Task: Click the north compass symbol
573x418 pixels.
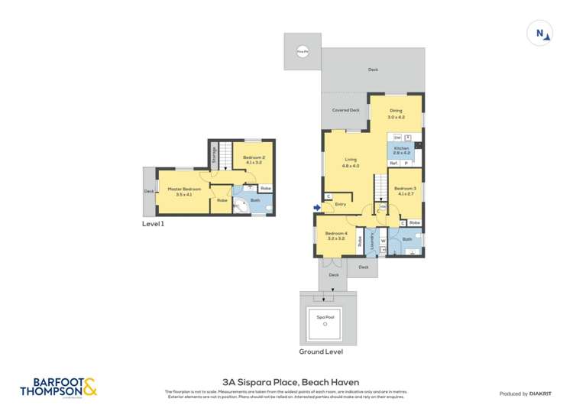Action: pyautogui.click(x=540, y=33)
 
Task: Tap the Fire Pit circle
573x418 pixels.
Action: pyautogui.click(x=303, y=52)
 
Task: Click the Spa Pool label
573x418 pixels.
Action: pyautogui.click(x=325, y=316)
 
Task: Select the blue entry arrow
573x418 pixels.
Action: pyautogui.click(x=317, y=206)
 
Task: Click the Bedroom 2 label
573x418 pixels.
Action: pyautogui.click(x=253, y=158)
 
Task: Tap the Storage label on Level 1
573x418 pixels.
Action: pyautogui.click(x=215, y=155)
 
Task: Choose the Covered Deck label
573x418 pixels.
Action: pyautogui.click(x=345, y=110)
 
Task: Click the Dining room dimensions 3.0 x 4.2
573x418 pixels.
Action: pyautogui.click(x=395, y=117)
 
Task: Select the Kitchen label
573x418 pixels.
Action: pyautogui.click(x=401, y=147)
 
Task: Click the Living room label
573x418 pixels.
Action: pyautogui.click(x=351, y=160)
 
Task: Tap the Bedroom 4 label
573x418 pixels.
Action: pyautogui.click(x=335, y=233)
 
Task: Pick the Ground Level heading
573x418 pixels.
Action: pyautogui.click(x=321, y=352)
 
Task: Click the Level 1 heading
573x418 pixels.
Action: pyautogui.click(x=153, y=224)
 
